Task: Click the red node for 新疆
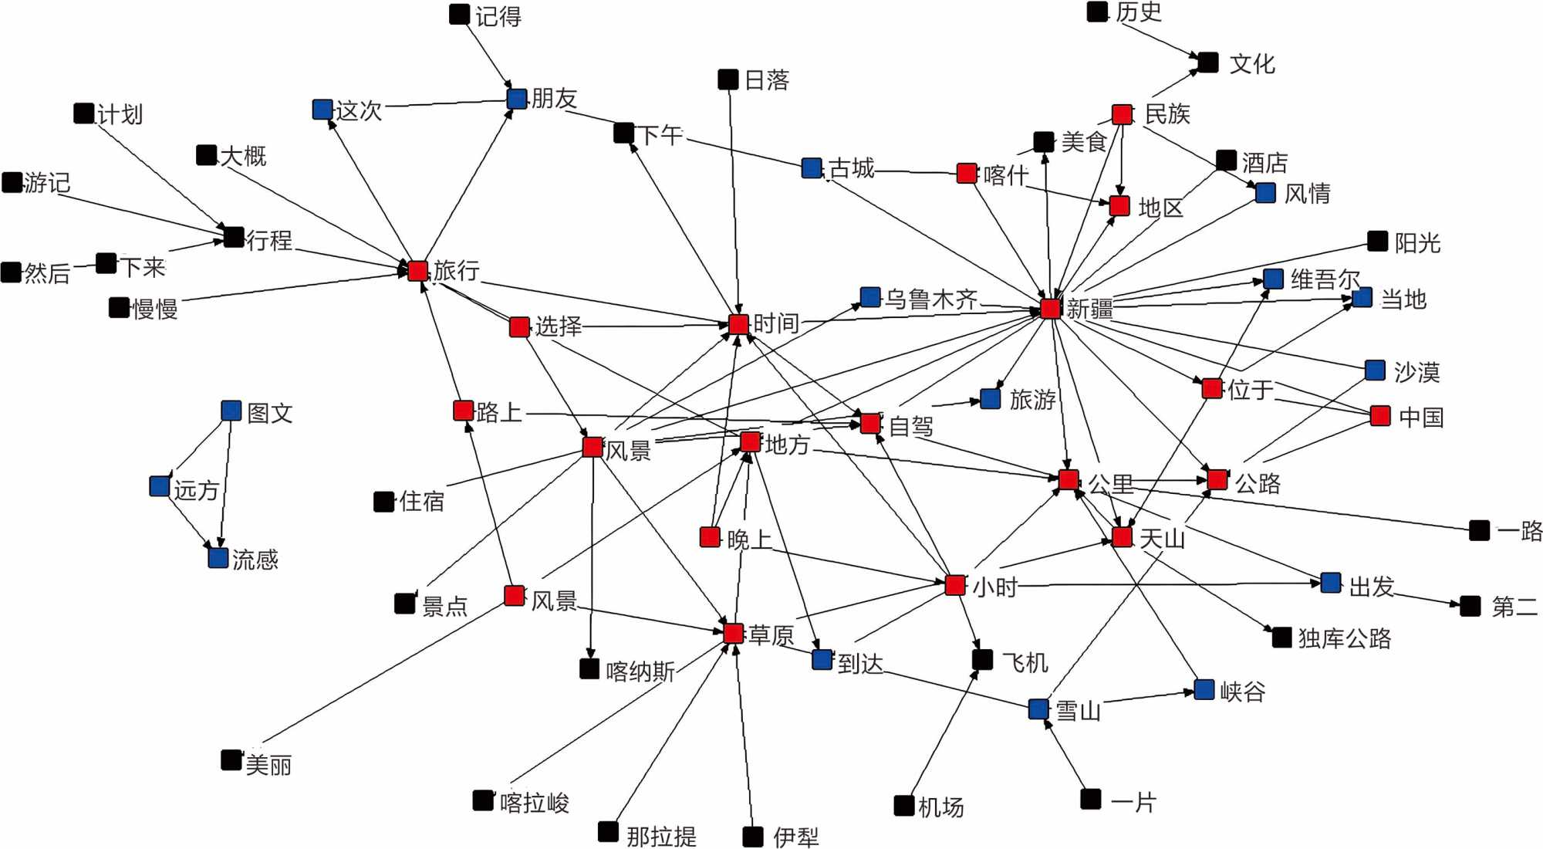pyautogui.click(x=1050, y=309)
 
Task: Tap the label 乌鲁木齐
pyautogui.click(x=931, y=299)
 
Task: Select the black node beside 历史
pyautogui.click(x=1097, y=12)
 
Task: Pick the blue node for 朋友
pyautogui.click(x=517, y=98)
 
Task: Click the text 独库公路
pyautogui.click(x=1344, y=638)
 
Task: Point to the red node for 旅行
pyautogui.click(x=417, y=271)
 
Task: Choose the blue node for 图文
pyautogui.click(x=231, y=411)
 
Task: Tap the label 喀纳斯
pyautogui.click(x=640, y=671)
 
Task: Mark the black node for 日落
pyautogui.click(x=728, y=79)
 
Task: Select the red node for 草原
pyautogui.click(x=734, y=634)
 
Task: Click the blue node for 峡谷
pyautogui.click(x=1204, y=689)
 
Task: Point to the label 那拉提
pyautogui.click(x=661, y=836)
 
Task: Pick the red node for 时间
pyautogui.click(x=738, y=324)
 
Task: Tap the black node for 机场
pyautogui.click(x=904, y=806)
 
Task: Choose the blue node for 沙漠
pyautogui.click(x=1375, y=370)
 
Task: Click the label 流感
pyautogui.click(x=255, y=560)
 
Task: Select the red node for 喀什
pyautogui.click(x=967, y=173)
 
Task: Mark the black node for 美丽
pyautogui.click(x=231, y=760)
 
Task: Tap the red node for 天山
pyautogui.click(x=1123, y=537)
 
